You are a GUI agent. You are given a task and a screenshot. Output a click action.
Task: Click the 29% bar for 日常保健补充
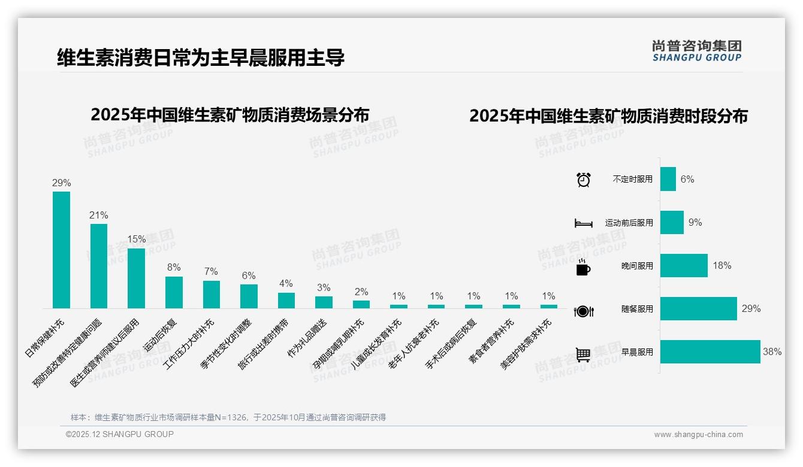(61, 250)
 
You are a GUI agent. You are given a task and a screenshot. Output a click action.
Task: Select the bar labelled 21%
(99, 266)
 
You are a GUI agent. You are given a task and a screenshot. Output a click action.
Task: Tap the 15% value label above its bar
(136, 239)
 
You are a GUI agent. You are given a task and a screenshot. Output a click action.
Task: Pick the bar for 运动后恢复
(174, 292)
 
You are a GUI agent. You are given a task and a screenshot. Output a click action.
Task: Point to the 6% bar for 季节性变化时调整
(249, 296)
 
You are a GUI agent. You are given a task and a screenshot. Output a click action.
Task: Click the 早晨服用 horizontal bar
(710, 352)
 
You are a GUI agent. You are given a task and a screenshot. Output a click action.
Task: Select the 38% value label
(772, 352)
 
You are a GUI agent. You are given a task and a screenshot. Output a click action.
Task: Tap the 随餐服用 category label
(637, 310)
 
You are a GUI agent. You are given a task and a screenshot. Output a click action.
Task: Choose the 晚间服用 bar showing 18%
(684, 266)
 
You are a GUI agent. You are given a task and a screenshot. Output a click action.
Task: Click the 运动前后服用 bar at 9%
(672, 223)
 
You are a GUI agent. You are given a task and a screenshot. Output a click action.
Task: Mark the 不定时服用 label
(633, 179)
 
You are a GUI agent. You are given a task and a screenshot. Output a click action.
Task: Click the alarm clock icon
(583, 179)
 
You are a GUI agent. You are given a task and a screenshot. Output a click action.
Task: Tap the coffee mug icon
(583, 268)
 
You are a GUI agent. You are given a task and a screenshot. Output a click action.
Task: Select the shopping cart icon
(583, 354)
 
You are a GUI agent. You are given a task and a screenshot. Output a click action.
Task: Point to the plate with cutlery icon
(583, 311)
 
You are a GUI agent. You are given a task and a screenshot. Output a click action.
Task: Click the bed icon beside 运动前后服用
(583, 223)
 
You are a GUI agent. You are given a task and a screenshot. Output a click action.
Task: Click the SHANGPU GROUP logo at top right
(696, 51)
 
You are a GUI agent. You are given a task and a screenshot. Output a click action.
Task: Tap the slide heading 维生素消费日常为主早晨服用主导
(201, 58)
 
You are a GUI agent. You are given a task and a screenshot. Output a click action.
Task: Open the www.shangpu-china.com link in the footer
(698, 435)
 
